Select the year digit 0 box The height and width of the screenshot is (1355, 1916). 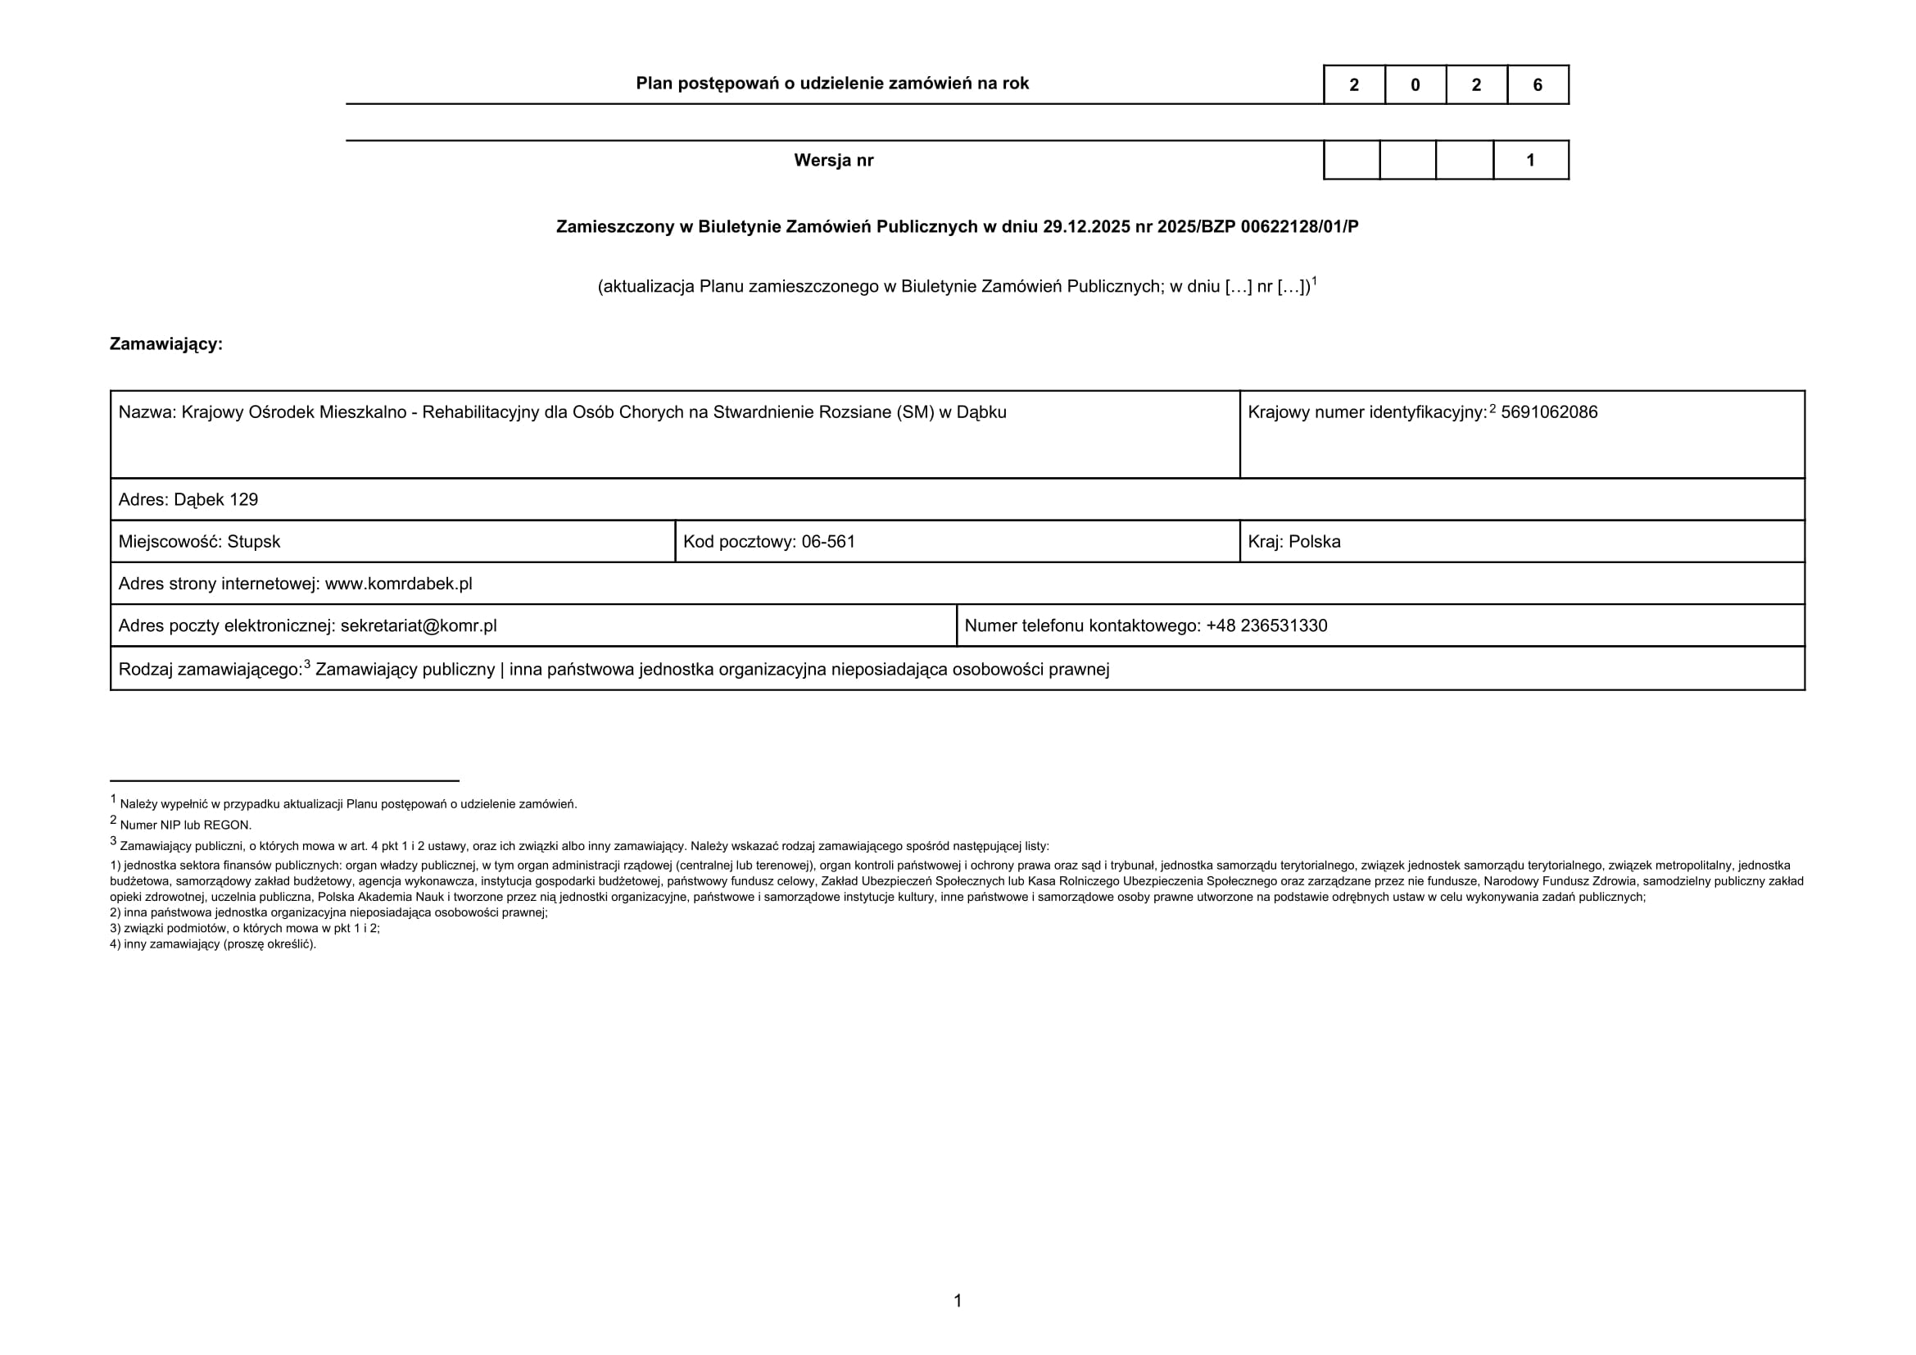pos(1415,85)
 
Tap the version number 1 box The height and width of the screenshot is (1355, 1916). pos(1530,161)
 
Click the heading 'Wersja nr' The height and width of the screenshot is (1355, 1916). pos(833,161)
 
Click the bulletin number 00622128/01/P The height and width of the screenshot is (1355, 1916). pos(1299,227)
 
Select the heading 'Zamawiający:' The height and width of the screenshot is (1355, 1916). pos(166,344)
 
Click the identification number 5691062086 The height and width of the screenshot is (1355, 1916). pos(1549,412)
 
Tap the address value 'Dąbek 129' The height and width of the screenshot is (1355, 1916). pos(216,500)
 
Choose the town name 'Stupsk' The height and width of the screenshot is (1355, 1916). pos(254,542)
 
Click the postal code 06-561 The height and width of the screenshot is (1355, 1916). pos(828,542)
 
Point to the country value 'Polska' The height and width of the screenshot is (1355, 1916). pos(1314,542)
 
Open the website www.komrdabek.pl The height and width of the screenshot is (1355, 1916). pos(398,584)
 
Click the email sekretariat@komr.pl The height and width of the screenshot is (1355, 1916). pos(418,626)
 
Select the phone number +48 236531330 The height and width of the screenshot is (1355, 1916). pos(1266,626)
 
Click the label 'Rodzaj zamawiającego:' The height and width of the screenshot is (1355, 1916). pos(211,670)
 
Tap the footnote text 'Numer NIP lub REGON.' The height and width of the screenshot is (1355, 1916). pos(185,825)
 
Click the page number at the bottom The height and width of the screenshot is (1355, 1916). pos(957,1301)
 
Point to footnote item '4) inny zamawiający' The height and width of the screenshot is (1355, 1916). pos(213,944)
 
